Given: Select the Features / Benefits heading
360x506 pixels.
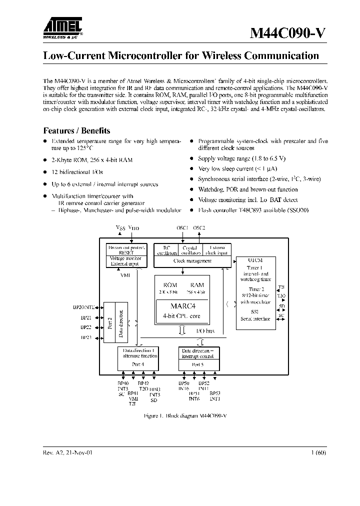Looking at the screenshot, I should pos(76,131).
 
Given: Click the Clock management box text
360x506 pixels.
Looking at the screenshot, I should pos(192,260).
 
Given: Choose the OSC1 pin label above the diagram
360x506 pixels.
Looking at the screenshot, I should pos(182,228).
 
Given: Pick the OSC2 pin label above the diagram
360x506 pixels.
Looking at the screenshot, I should pos(199,228).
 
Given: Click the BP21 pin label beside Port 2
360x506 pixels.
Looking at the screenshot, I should pos(86,317).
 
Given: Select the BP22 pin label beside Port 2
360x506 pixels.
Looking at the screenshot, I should pos(86,327).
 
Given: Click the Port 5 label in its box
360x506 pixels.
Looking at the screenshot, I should pos(198,364).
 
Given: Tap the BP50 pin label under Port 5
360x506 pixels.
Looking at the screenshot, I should pos(183,383).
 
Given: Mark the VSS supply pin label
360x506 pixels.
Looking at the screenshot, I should pos(120,228).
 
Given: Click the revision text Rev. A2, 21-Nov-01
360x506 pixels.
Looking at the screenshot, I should pos(67,452).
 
